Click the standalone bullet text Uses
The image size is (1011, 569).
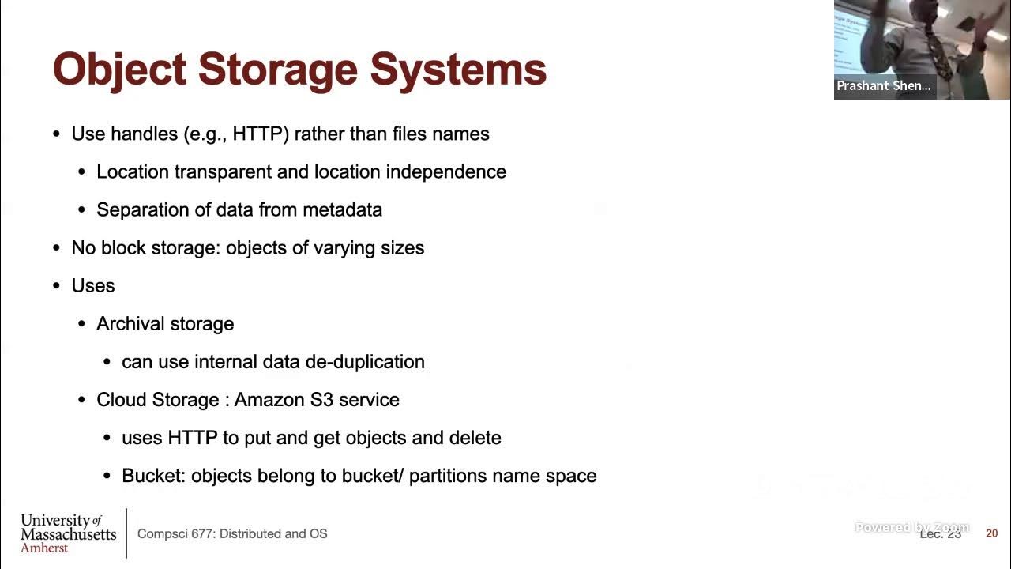point(93,285)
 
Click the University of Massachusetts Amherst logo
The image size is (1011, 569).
point(68,533)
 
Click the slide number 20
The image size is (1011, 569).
point(991,533)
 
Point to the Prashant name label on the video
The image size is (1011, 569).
point(883,85)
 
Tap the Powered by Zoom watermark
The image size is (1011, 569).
point(911,527)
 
